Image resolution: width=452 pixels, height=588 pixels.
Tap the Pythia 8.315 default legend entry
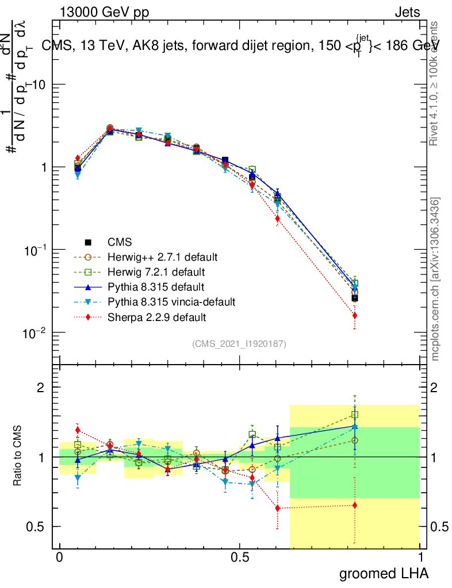point(155,286)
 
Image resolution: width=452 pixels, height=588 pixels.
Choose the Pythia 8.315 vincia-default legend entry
point(171,301)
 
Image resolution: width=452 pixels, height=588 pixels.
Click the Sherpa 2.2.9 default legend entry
point(155,316)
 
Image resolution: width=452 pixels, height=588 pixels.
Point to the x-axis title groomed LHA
point(384,573)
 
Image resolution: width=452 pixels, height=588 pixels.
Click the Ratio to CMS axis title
point(18,457)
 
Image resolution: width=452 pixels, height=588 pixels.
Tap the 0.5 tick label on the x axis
point(240,557)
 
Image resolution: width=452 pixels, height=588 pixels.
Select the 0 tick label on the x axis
point(59,557)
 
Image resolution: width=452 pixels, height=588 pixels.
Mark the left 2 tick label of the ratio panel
point(41,388)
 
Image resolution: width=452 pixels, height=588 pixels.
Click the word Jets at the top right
point(407,11)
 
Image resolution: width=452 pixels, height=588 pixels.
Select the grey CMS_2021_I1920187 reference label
point(239,343)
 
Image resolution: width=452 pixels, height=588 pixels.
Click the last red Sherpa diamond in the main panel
point(355,315)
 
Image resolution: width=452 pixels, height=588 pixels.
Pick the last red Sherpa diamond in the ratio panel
point(355,505)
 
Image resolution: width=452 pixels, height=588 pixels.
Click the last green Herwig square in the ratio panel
point(355,415)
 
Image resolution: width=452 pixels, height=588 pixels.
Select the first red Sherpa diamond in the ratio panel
point(78,430)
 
